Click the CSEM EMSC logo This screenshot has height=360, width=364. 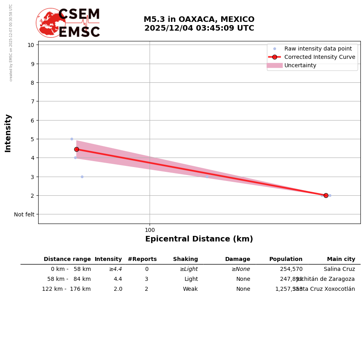[x=68, y=23]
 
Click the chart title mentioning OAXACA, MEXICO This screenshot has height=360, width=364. [x=199, y=24]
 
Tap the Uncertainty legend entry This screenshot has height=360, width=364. [x=300, y=65]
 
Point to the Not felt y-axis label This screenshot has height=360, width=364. [x=24, y=214]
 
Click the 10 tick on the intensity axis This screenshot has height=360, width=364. [x=31, y=45]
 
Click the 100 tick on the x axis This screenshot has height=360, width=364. [x=150, y=230]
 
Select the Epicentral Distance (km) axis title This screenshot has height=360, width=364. [x=199, y=239]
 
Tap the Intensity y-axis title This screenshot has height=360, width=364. [x=8, y=133]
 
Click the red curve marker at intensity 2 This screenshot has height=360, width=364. [x=326, y=195]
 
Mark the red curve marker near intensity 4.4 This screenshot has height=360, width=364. [x=76, y=149]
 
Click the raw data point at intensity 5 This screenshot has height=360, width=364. [x=72, y=139]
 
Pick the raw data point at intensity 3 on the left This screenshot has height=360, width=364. [x=82, y=177]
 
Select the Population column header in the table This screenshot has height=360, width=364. [x=286, y=259]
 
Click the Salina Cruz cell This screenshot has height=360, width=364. [x=339, y=269]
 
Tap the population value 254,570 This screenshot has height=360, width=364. [x=291, y=269]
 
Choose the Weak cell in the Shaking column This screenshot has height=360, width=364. [x=190, y=289]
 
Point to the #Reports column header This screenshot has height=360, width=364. [x=142, y=259]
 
